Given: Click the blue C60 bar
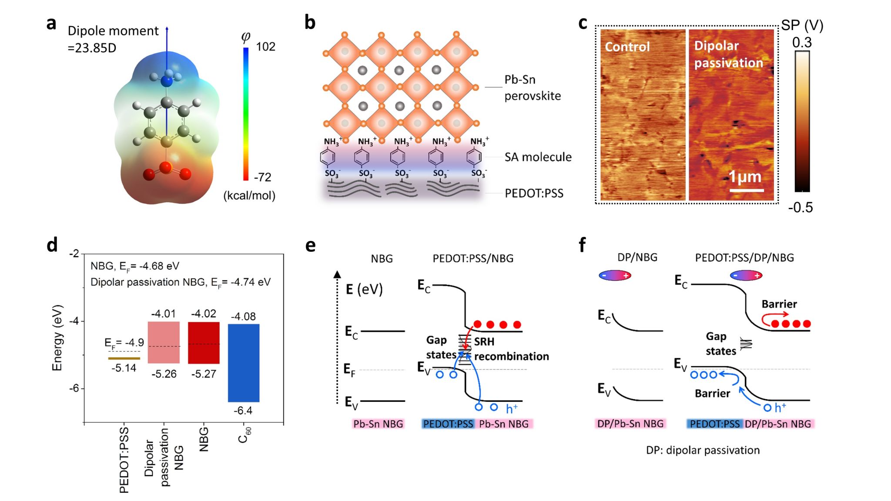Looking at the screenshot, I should (244, 363).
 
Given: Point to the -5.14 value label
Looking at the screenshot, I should (124, 368).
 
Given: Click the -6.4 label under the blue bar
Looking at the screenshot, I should (243, 411).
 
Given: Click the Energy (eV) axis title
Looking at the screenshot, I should (57, 338).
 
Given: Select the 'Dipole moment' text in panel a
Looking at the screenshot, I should (113, 31).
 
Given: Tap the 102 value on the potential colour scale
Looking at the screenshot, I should (265, 47).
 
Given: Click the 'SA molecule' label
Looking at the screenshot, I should (538, 157).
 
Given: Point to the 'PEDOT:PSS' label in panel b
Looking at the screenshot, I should (534, 194).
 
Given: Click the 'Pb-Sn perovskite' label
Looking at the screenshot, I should (532, 87).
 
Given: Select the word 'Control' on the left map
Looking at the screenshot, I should (627, 47).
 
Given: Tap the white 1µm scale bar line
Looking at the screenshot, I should (747, 190).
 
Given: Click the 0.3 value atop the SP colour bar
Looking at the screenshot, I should (802, 43).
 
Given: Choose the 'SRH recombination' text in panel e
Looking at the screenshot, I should (511, 349).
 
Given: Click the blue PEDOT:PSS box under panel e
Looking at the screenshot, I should (448, 424).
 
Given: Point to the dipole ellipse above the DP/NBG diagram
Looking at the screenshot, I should (615, 276).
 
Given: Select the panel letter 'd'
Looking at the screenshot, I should (52, 245).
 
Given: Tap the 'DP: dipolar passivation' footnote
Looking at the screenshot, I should (703, 450).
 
